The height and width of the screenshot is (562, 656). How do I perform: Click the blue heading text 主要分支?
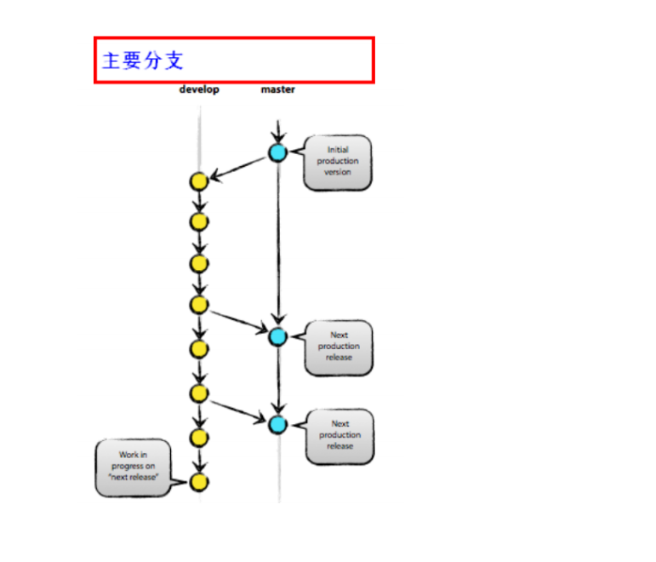143,60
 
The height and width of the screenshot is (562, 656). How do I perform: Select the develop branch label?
198,89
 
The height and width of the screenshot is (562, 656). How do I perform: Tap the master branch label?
277,89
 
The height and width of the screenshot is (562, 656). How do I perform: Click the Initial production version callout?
338,162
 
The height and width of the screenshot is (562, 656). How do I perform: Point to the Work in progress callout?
132,467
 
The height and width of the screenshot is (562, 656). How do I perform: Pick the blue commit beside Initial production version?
277,153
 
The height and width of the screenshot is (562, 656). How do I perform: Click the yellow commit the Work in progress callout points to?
199,482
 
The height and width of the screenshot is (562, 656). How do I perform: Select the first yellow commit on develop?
199,181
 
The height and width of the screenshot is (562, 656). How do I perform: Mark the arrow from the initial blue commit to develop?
239,168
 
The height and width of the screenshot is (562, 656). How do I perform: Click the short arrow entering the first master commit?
277,133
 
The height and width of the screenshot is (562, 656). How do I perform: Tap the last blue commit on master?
277,424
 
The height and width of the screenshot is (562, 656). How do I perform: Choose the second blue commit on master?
277,336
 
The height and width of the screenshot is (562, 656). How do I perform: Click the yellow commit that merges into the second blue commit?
199,305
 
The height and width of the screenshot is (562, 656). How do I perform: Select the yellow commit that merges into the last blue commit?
199,393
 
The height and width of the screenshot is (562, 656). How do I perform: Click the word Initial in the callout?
338,150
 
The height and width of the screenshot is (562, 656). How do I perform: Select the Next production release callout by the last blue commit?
340,435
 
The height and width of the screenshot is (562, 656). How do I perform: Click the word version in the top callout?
338,173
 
